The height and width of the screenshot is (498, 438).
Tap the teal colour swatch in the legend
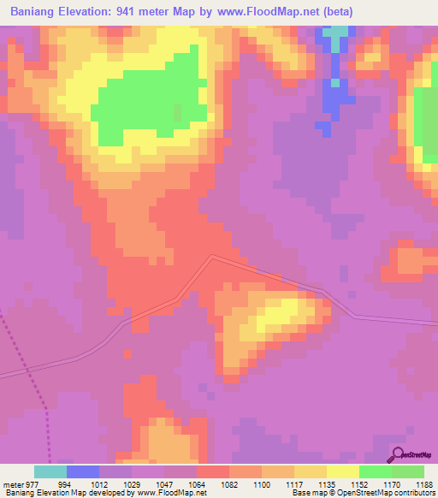tap(50, 471)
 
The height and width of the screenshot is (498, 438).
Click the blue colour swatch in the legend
tap(83, 471)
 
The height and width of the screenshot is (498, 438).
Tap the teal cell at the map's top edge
tap(336, 32)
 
